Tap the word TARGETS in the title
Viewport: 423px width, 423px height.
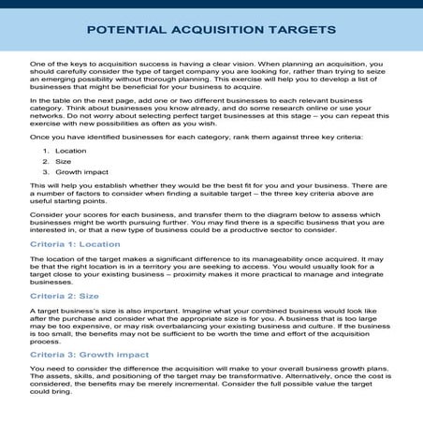click(x=301, y=29)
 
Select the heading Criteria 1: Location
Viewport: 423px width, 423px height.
click(x=75, y=244)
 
